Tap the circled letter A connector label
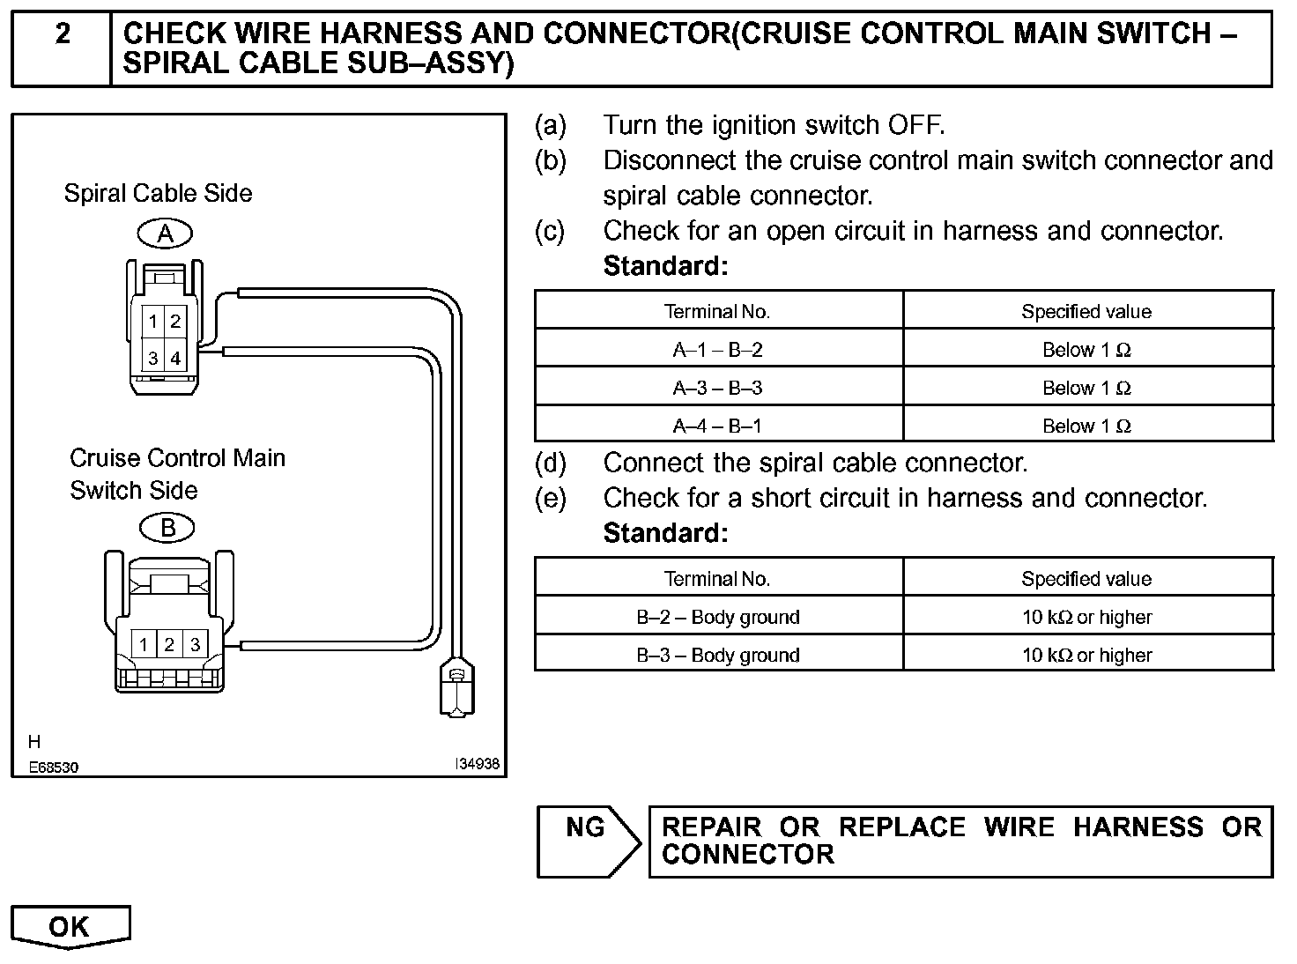165,234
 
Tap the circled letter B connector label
167,528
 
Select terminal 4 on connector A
175,358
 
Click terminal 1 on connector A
153,322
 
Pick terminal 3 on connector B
195,644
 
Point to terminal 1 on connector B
144,644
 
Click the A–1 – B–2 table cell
717,350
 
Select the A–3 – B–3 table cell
717,388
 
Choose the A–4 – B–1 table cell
717,426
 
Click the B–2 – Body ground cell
717,617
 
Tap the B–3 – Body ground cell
717,655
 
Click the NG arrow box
589,842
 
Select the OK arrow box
70,927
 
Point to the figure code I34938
477,764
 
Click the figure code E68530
53,767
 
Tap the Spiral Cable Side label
158,194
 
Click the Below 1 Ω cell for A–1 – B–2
1086,350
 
